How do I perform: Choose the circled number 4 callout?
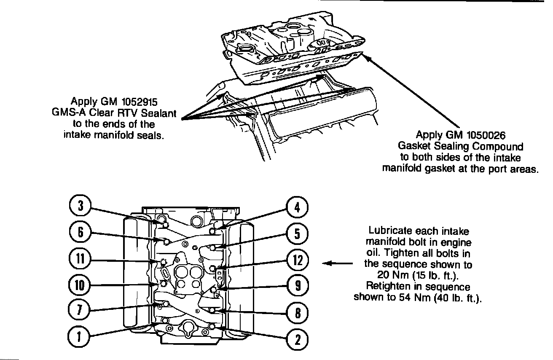click(x=297, y=207)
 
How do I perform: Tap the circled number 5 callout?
click(x=297, y=234)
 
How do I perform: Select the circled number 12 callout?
click(x=297, y=260)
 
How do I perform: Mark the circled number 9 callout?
click(x=297, y=286)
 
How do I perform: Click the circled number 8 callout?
click(x=297, y=312)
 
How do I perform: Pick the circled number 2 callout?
click(x=297, y=339)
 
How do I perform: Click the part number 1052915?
click(x=139, y=102)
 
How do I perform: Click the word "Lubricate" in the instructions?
click(x=390, y=231)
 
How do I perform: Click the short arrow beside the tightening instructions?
click(x=337, y=264)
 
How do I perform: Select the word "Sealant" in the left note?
click(x=158, y=113)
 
